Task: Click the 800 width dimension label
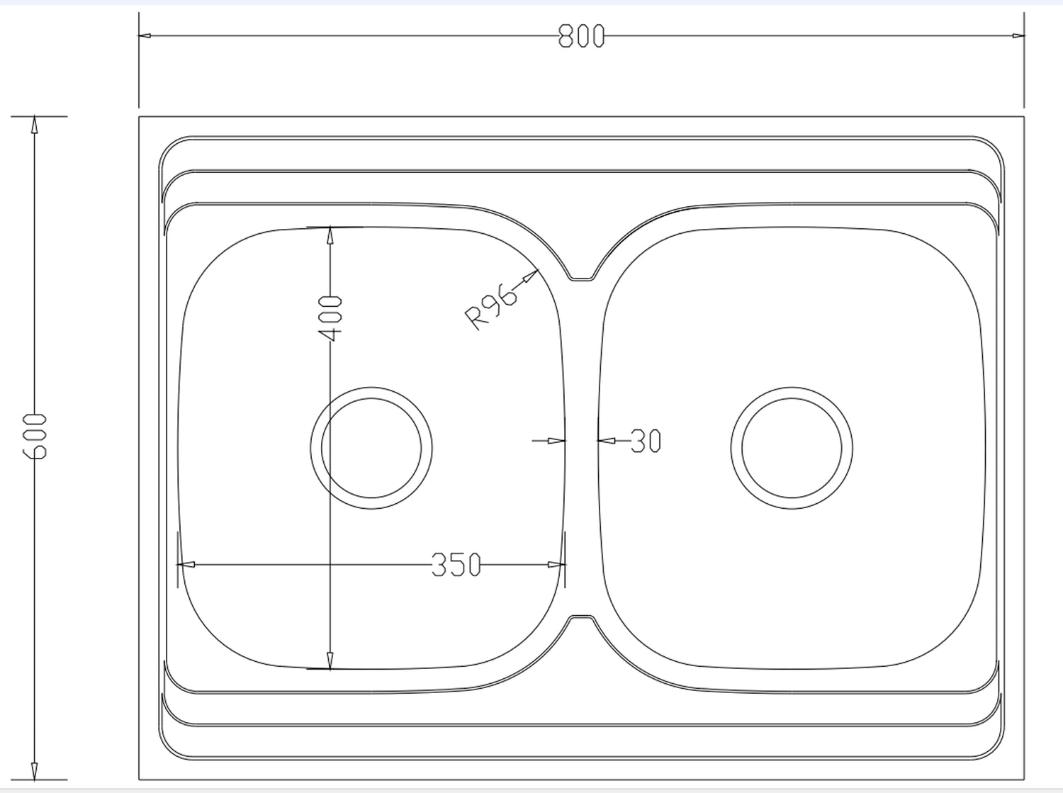tap(581, 36)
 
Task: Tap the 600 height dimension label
tap(35, 436)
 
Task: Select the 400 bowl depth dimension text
tap(330, 319)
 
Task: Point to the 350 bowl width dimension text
tap(456, 565)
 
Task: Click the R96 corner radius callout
tap(491, 307)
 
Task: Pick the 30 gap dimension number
tap(646, 441)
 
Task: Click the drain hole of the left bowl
tap(371, 448)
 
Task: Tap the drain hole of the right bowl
tap(792, 448)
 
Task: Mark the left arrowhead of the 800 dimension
tap(145, 35)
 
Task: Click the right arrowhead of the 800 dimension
tap(1018, 35)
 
